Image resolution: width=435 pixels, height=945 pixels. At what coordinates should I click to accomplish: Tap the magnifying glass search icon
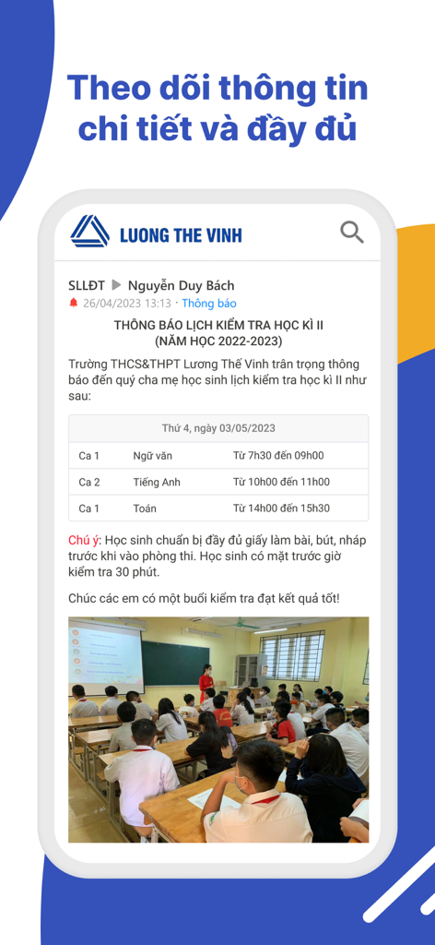pyautogui.click(x=352, y=232)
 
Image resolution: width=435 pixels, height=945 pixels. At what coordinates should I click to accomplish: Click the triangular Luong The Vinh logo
pyautogui.click(x=89, y=232)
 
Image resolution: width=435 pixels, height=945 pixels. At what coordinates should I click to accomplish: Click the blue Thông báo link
pyautogui.click(x=209, y=303)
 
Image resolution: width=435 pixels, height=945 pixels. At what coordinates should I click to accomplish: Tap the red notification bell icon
pyautogui.click(x=74, y=303)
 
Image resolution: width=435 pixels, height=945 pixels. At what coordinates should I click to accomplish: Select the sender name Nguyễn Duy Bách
pyautogui.click(x=181, y=285)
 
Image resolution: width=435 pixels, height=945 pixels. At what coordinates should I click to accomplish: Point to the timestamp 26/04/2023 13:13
pyautogui.click(x=127, y=303)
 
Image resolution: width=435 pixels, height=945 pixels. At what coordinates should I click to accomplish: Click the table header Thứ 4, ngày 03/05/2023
pyautogui.click(x=218, y=428)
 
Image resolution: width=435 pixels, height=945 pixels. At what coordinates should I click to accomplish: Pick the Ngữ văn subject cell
pyautogui.click(x=152, y=455)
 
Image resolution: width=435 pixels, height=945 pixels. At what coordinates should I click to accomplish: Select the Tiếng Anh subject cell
pyautogui.click(x=157, y=482)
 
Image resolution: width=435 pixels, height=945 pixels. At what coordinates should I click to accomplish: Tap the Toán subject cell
pyautogui.click(x=145, y=508)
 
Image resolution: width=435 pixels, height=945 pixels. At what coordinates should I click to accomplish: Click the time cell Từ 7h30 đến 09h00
pyautogui.click(x=277, y=455)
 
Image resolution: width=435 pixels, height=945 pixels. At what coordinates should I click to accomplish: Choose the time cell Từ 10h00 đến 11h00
pyautogui.click(x=281, y=482)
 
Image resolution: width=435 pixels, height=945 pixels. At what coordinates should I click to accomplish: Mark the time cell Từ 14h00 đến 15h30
pyautogui.click(x=281, y=508)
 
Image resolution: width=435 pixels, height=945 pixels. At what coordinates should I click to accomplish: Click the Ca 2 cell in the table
pyautogui.click(x=89, y=482)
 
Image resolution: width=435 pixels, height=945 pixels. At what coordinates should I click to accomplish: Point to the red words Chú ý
pyautogui.click(x=84, y=539)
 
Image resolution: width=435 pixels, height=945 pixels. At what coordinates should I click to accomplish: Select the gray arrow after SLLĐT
pyautogui.click(x=116, y=285)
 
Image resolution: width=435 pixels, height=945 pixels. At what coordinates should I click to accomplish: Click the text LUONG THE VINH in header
pyautogui.click(x=181, y=234)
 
